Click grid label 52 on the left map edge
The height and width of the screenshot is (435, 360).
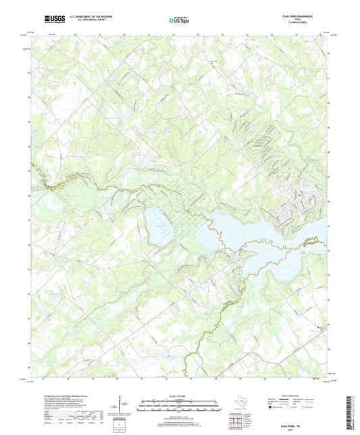coord(29,295)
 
